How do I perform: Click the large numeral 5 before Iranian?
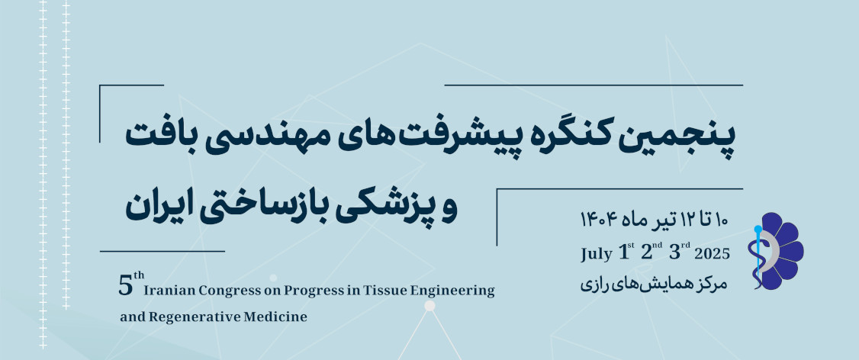125,287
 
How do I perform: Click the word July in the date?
596,254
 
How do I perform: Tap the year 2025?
713,254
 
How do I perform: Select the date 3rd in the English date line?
680,252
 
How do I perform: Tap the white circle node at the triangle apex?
430,306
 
